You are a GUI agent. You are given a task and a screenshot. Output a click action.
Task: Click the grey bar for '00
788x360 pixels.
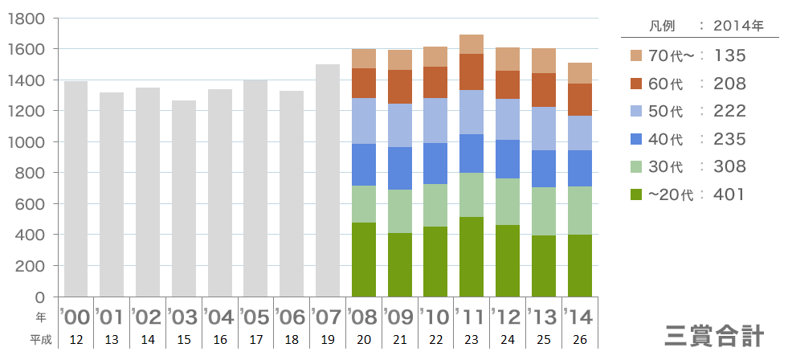[x=76, y=189]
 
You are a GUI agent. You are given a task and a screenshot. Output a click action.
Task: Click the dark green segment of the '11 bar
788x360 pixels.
[x=472, y=256]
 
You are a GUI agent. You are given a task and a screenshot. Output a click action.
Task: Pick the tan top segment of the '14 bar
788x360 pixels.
[x=580, y=73]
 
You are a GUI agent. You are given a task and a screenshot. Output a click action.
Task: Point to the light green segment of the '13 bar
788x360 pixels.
[x=544, y=211]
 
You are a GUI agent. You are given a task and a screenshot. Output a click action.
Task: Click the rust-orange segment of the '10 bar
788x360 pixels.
[x=435, y=82]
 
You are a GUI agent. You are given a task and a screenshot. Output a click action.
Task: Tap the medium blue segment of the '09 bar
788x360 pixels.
[x=400, y=168]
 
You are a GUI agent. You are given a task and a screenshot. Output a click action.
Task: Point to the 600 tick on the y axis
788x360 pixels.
[x=33, y=204]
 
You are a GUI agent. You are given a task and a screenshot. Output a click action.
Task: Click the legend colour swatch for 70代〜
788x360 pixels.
[x=637, y=55]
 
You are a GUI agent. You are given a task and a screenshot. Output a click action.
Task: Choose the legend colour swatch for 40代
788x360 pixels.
[x=637, y=139]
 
